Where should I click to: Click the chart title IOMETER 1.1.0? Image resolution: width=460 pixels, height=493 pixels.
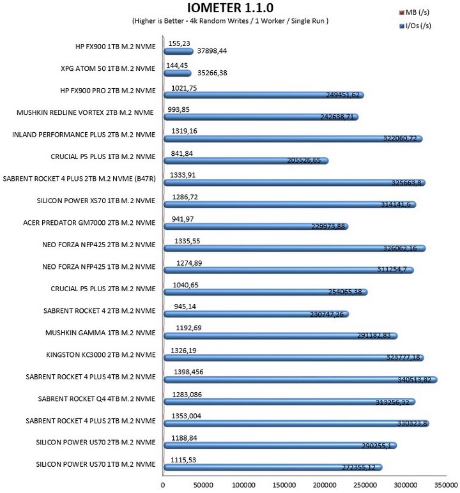tap(230, 8)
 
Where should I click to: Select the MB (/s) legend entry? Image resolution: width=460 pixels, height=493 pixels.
tap(414, 12)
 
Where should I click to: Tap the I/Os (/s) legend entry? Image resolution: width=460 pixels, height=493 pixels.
tap(415, 26)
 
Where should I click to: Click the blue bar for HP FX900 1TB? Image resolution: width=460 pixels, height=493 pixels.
tap(178, 51)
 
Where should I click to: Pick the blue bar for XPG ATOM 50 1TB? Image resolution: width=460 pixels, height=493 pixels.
tap(178, 73)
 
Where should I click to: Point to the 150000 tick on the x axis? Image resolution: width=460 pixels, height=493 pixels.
tap(284, 485)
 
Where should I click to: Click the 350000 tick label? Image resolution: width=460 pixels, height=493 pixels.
tap(446, 485)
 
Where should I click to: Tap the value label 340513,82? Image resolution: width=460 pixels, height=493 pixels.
tap(415, 380)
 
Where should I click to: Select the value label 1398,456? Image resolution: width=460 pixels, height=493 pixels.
tap(188, 372)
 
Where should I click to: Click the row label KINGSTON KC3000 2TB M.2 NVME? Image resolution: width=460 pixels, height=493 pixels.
tap(101, 354)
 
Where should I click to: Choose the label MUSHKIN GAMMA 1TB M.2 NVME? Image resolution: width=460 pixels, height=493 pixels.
tap(100, 333)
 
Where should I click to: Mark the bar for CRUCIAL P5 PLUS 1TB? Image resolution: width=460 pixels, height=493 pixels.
tap(246, 161)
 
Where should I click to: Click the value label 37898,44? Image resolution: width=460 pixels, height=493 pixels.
tap(212, 51)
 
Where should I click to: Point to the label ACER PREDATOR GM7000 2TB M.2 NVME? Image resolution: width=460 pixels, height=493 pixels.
tap(89, 223)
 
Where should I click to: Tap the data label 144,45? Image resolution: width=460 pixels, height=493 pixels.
tap(177, 65)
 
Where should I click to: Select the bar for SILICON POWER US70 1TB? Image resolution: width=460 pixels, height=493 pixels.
tap(273, 467)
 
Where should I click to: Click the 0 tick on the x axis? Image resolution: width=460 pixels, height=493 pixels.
tap(163, 485)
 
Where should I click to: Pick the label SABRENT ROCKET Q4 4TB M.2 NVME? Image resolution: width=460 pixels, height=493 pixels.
tap(96, 398)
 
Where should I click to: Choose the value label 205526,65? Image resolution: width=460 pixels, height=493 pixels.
tap(304, 160)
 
